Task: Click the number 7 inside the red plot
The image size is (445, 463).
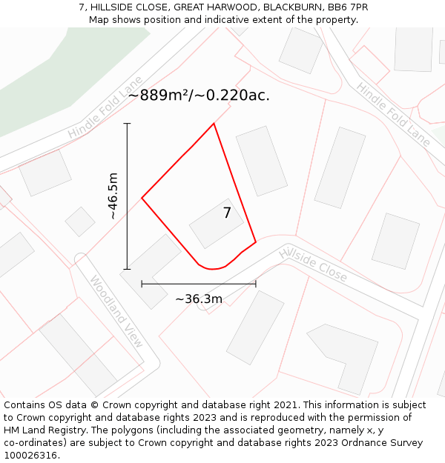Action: click(227, 213)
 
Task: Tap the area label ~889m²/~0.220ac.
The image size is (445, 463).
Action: click(199, 95)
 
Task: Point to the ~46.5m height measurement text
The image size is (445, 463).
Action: click(113, 196)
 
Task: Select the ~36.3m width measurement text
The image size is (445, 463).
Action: click(199, 299)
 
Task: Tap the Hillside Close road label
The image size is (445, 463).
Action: click(313, 264)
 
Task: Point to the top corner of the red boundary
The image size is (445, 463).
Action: click(214, 124)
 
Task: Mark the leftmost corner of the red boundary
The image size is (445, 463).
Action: click(142, 198)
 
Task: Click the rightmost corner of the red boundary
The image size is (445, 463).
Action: click(256, 242)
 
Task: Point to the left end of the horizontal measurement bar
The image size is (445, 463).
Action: click(142, 283)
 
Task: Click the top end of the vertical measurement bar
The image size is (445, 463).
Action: click(128, 124)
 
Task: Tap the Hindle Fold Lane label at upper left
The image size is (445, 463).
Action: click(105, 107)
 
